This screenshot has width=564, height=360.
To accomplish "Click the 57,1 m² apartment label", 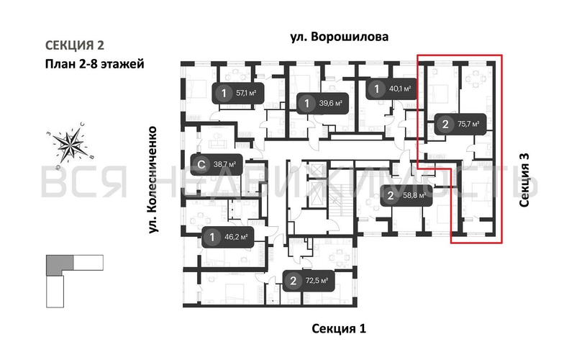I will pos(235,93).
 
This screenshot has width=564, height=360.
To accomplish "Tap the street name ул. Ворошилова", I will pos(340,37).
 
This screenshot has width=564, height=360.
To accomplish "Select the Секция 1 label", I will pos(339,329).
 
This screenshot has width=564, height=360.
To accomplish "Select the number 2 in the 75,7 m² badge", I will pos(445,125).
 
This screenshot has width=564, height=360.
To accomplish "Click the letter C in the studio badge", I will pos(201,164).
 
